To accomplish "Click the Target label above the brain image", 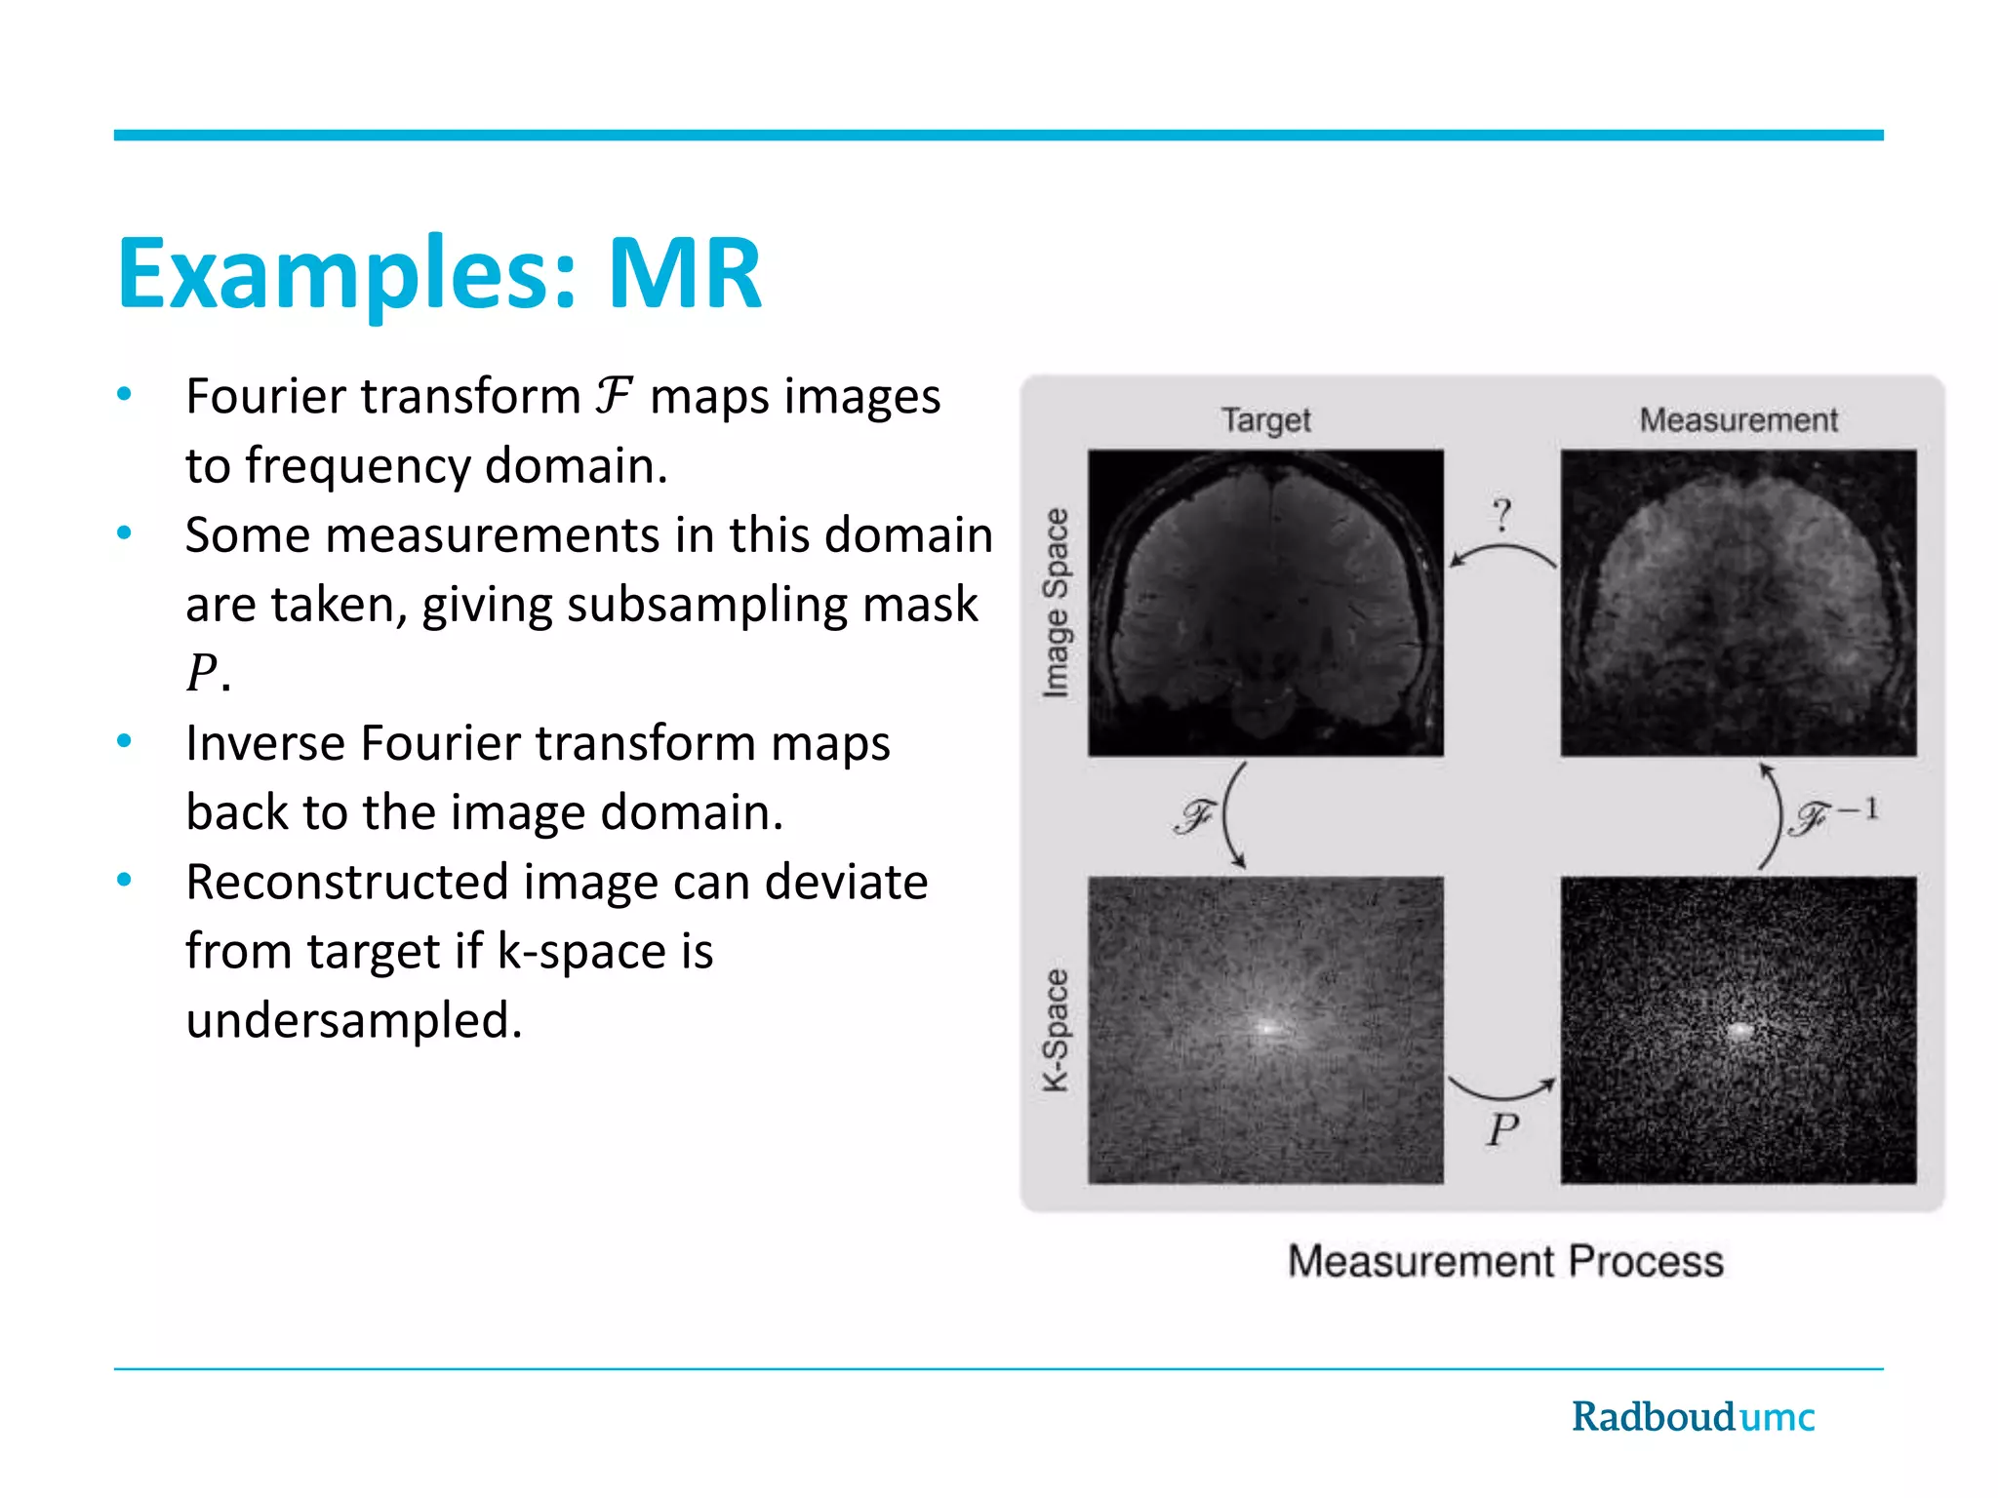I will pos(1265,420).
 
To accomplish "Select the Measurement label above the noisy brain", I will pos(1738,420).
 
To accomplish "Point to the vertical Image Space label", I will pos(1056,603).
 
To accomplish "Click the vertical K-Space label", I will pos(1056,1031).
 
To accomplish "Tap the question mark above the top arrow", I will pos(1502,514).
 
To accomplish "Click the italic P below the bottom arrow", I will pos(1502,1130).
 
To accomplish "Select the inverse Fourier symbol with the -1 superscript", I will pos(1832,815).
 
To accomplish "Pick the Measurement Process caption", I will pos(1505,1261).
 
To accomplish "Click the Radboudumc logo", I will pos(1693,1417).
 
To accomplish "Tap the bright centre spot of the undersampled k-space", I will pos(1739,1030).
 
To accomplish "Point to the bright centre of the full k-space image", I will pos(1267,1027).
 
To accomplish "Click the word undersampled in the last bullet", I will pos(353,1021).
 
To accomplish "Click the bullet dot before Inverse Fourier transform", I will pos(124,742).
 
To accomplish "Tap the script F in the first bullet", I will pos(614,397).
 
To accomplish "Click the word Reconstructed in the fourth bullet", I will pos(346,883).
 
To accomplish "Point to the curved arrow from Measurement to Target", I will pos(1502,554).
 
